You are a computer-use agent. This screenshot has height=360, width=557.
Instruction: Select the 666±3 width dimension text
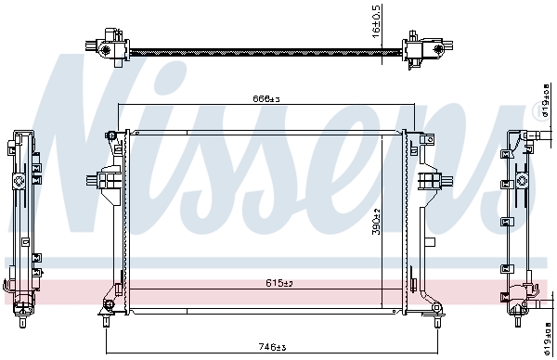(266, 98)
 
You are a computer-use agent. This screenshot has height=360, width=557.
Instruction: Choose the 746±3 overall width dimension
(271, 347)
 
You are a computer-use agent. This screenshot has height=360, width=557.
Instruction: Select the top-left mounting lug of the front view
(112, 135)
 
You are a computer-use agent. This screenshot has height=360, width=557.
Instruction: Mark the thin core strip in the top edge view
(265, 48)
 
